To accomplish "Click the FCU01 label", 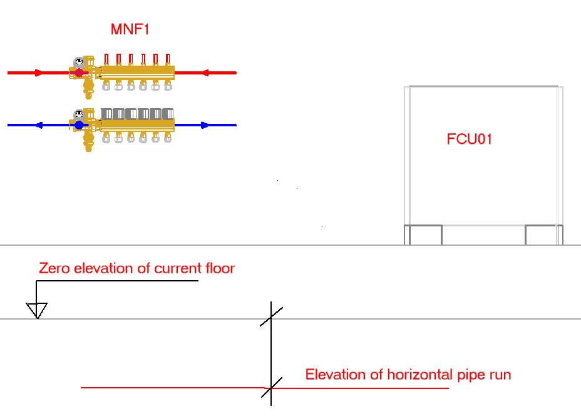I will point(469,139).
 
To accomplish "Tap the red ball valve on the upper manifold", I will point(79,73).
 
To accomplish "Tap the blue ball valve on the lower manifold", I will point(79,125).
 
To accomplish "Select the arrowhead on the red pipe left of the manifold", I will point(39,73).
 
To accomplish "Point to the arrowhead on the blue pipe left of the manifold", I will point(39,125).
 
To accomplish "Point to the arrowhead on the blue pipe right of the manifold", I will point(204,125).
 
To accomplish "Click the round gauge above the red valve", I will point(79,62).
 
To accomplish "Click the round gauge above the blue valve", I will point(79,114).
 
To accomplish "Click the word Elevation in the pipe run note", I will point(335,375).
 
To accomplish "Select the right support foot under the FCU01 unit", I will point(542,235).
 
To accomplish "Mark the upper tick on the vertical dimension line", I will point(271,316).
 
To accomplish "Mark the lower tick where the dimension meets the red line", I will point(271,388).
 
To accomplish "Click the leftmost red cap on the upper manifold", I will point(106,59).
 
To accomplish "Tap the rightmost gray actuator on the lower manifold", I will point(168,114).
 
